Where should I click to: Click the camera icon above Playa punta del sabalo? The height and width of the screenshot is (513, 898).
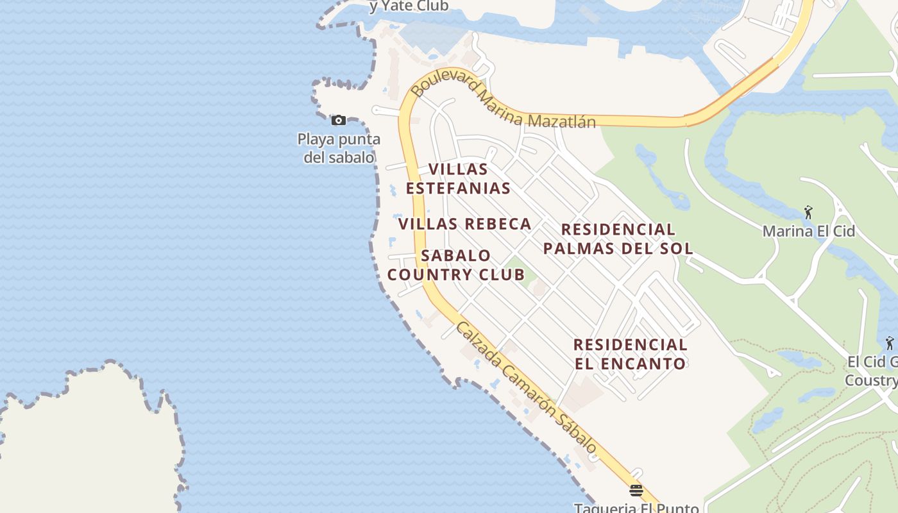click(339, 120)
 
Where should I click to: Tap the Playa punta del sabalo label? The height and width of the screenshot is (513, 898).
click(339, 148)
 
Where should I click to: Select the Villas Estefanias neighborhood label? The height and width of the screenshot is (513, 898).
click(458, 179)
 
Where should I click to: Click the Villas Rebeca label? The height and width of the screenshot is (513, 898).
click(465, 224)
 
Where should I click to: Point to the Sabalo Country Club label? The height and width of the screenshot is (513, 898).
click(456, 265)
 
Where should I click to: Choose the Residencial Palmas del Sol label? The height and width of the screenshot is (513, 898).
click(618, 239)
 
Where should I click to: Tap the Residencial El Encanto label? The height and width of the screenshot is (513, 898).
click(630, 354)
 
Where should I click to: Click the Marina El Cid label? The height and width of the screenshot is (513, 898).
click(808, 231)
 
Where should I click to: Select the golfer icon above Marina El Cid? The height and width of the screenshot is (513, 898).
click(808, 211)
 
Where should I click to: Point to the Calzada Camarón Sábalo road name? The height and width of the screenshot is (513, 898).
click(526, 389)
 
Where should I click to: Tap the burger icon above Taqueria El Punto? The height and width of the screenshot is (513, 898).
click(636, 491)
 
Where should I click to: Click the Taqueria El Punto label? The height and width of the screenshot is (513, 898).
click(636, 508)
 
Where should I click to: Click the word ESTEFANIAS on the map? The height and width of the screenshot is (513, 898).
click(458, 189)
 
